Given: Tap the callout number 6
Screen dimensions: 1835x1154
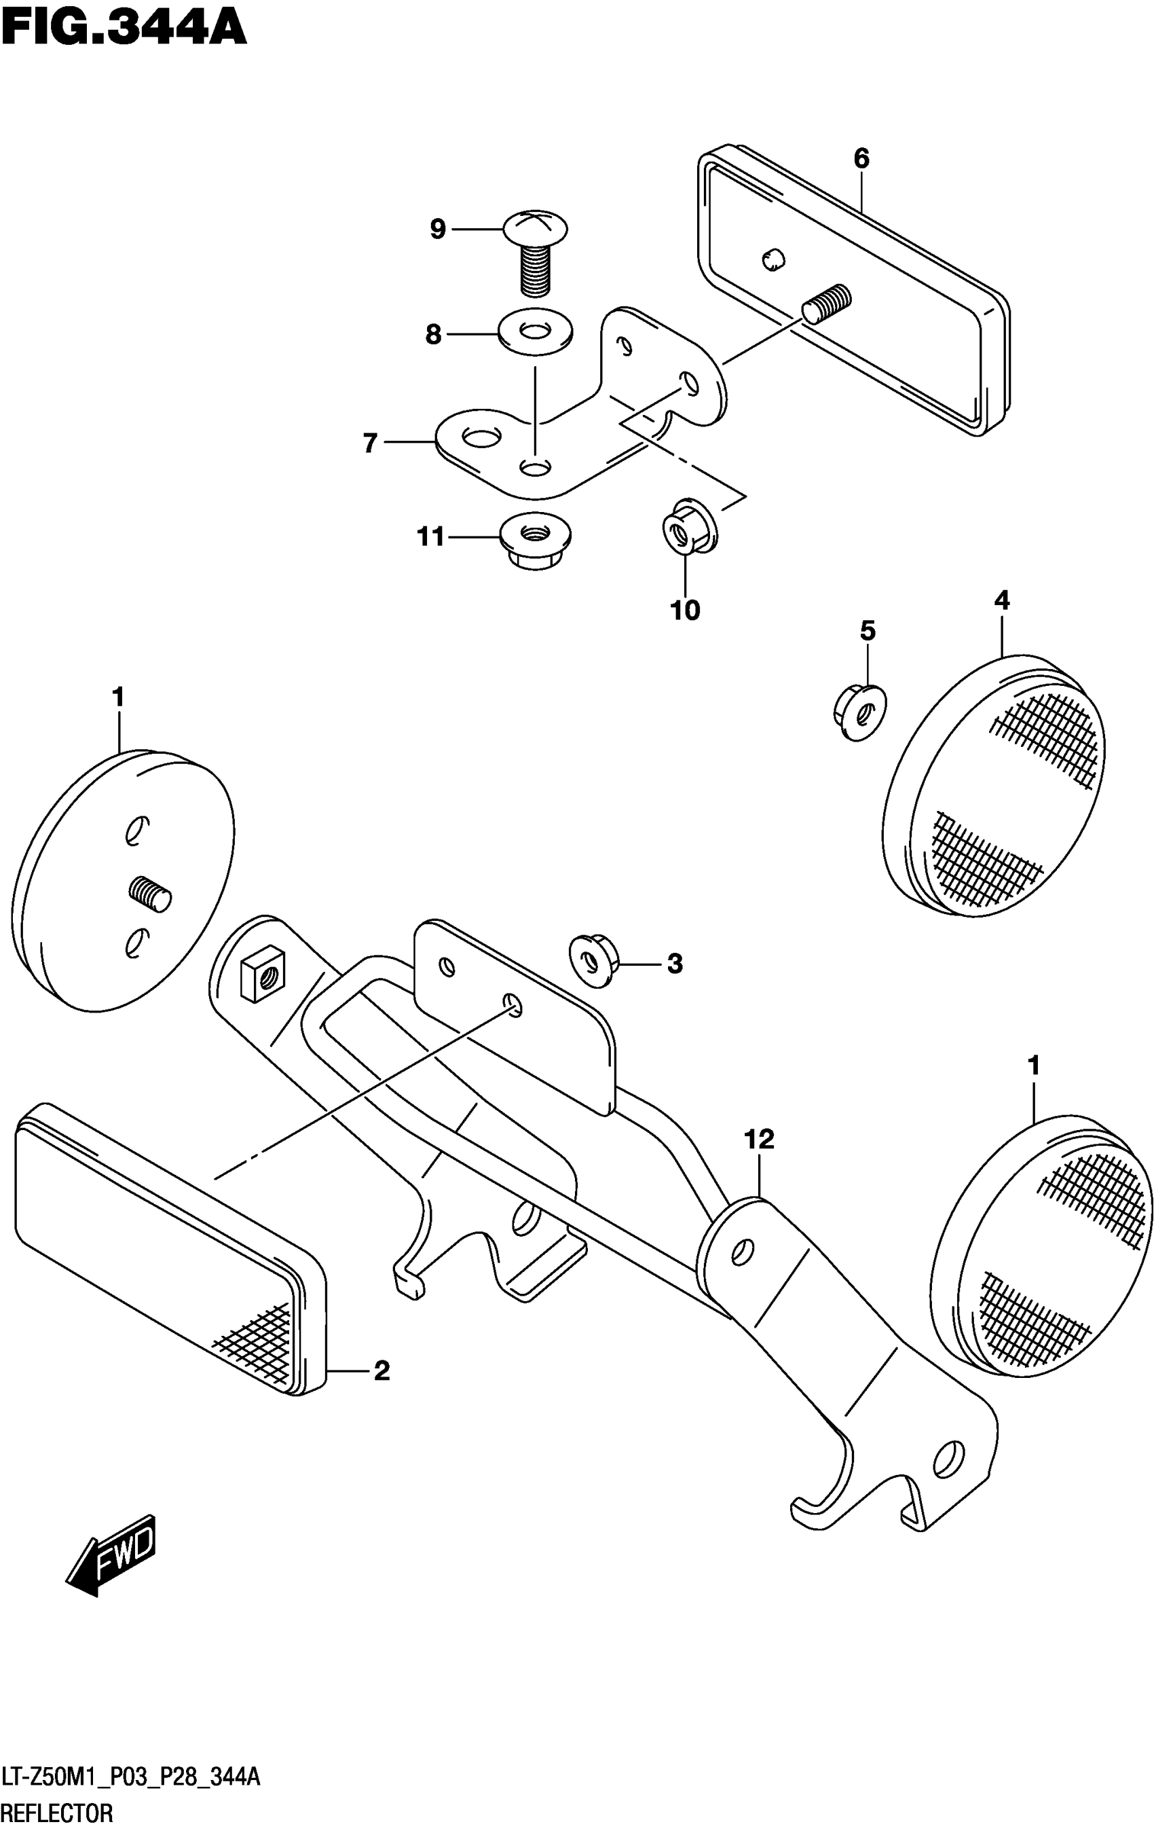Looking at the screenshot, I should pyautogui.click(x=861, y=158).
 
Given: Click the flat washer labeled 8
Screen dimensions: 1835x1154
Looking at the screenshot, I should pyautogui.click(x=535, y=332).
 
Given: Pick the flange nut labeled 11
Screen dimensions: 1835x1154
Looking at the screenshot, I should pyautogui.click(x=536, y=541).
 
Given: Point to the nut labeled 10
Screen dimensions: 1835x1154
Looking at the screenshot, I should pyautogui.click(x=687, y=526).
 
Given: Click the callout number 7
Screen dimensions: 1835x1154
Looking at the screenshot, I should pyautogui.click(x=370, y=443).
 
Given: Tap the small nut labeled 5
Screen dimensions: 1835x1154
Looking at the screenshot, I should pyautogui.click(x=861, y=712).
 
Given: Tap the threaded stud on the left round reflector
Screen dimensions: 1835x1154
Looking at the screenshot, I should pyautogui.click(x=151, y=892).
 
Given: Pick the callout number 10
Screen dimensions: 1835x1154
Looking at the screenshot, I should pyautogui.click(x=685, y=611).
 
